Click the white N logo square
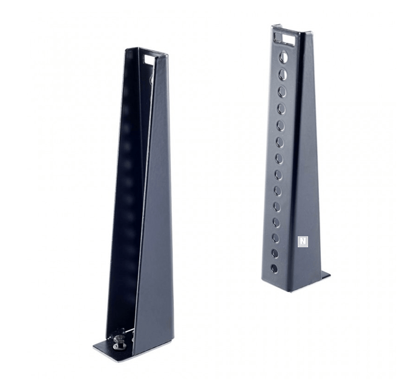(x=301, y=241)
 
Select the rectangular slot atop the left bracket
(x=147, y=59)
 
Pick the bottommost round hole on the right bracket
(x=275, y=268)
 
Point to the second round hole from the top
(x=282, y=75)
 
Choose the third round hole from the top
(x=281, y=92)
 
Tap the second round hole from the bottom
(x=275, y=253)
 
